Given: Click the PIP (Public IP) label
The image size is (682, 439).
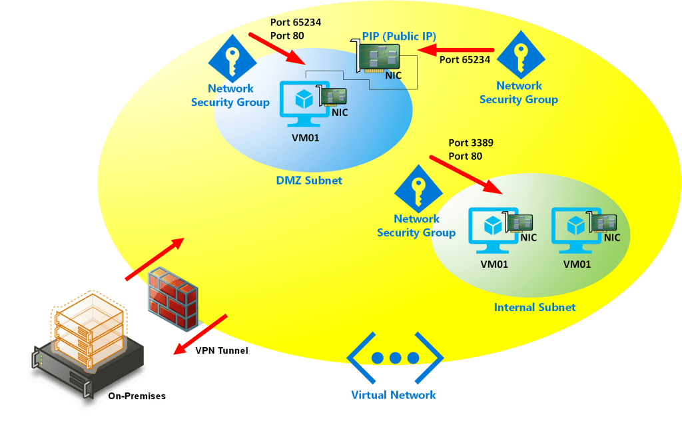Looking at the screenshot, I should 399,36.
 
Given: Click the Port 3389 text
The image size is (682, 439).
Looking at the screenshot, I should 471,143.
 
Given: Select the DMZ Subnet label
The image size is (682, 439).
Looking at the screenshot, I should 309,180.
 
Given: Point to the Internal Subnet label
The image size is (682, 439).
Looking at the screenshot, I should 534,307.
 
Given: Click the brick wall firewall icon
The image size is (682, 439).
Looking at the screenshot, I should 172,297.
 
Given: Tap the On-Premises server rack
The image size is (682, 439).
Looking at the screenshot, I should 87,346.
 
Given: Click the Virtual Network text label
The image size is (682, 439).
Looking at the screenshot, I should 393,395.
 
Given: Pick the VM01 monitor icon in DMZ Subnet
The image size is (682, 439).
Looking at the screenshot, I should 304,102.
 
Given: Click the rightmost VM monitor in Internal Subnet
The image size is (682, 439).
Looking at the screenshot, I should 576,229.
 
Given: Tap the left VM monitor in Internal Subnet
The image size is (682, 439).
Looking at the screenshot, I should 493,229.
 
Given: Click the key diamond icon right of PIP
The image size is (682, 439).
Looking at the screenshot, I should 521,54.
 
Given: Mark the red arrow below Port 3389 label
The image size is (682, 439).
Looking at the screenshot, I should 466,175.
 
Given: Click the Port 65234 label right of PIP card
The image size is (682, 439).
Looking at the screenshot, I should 465,60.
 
